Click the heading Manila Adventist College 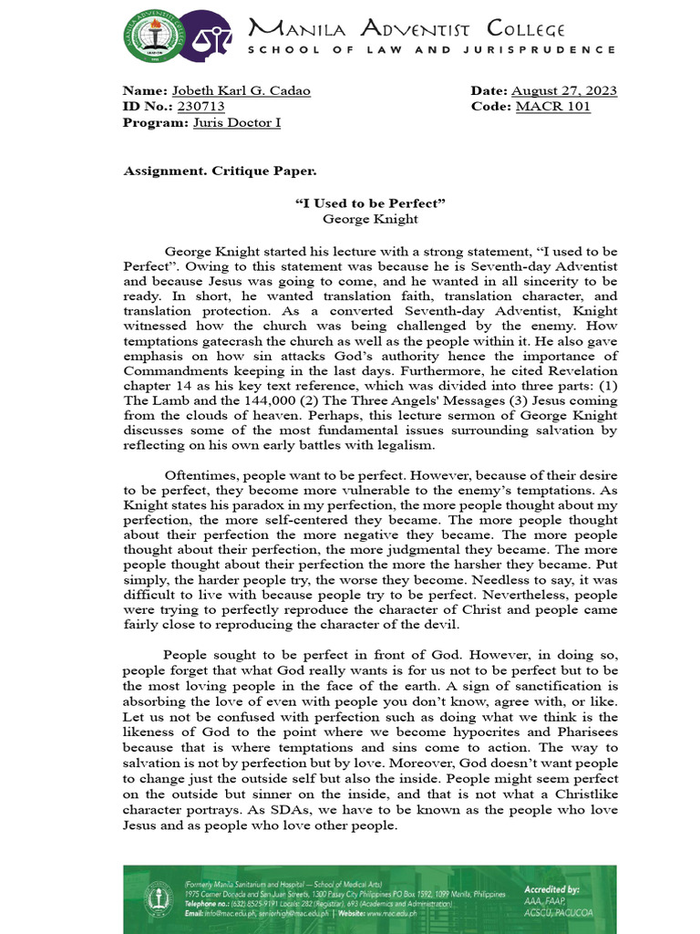pos(407,30)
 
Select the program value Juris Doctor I pos(237,122)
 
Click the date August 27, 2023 pos(563,90)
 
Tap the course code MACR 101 pos(552,106)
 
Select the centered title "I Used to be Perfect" pos(370,202)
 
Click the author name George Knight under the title pos(370,219)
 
